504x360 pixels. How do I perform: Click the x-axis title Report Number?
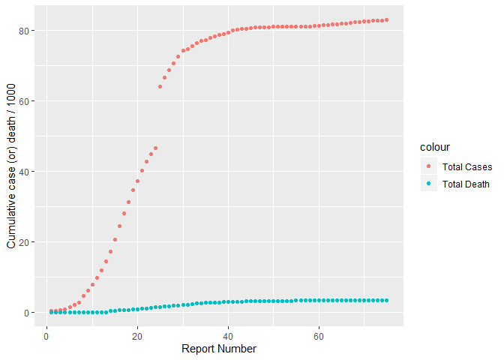point(219,349)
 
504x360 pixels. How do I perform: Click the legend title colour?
point(434,148)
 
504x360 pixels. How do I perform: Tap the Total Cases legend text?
point(466,166)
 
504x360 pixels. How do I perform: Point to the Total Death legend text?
point(466,184)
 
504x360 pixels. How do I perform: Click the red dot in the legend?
point(429,166)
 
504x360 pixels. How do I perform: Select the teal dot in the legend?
point(429,184)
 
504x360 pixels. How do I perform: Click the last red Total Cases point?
point(386,20)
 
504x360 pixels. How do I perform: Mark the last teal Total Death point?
point(386,300)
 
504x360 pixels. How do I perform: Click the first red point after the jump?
point(160,87)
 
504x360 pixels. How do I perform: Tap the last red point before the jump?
point(155,148)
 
